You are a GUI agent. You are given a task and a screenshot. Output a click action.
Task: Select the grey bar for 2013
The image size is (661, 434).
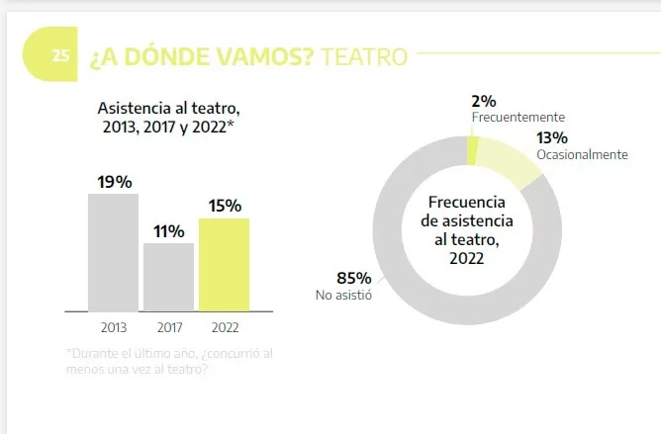click(x=113, y=252)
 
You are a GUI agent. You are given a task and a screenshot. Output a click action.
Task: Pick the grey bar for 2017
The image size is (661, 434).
click(x=168, y=277)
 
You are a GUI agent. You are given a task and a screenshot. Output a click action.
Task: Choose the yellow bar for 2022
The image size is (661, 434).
click(x=224, y=264)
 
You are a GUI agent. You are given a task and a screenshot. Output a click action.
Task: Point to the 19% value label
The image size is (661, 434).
click(x=114, y=181)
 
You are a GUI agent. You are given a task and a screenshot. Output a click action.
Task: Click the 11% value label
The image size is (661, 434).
click(x=168, y=231)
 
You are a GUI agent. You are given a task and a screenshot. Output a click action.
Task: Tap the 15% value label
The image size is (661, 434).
click(x=225, y=206)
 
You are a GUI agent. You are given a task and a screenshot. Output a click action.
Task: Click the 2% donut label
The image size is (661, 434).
click(x=484, y=101)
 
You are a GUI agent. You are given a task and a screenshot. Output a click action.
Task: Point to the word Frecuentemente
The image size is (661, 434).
click(x=518, y=117)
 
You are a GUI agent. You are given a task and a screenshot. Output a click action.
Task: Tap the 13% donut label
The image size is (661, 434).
click(x=551, y=138)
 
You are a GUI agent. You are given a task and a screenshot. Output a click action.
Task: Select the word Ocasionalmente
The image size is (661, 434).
click(x=582, y=154)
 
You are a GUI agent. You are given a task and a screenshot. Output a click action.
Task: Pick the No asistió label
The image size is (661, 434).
click(x=342, y=294)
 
